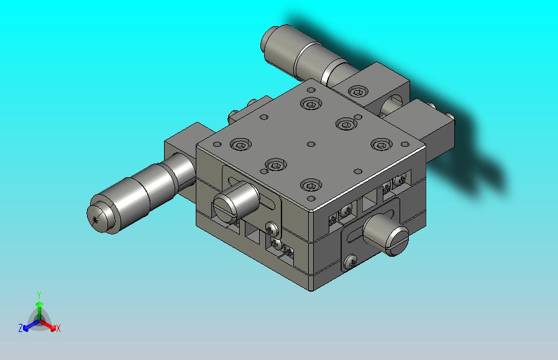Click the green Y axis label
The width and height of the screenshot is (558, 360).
click(x=39, y=295)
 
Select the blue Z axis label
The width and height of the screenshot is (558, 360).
click(x=21, y=328)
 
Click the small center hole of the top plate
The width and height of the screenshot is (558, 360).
click(x=311, y=144)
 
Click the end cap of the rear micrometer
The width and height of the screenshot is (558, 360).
click(x=271, y=39)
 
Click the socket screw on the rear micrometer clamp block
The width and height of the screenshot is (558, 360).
click(x=356, y=92)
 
